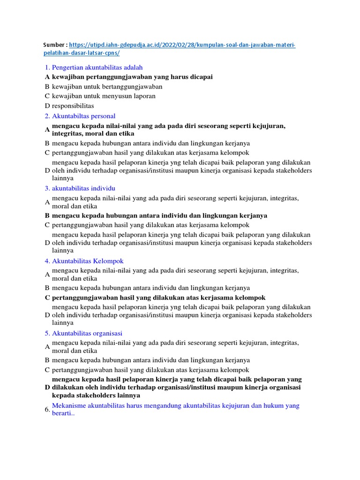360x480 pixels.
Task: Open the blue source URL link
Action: click(x=183, y=45)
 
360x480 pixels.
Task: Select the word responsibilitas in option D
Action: click(x=73, y=105)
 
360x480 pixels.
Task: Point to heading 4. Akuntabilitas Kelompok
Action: click(x=84, y=261)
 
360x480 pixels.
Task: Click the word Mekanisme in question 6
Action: click(x=69, y=405)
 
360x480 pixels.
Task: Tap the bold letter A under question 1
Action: click(x=47, y=77)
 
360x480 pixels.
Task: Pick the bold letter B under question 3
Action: click(x=47, y=216)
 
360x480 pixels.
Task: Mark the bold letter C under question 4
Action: click(x=47, y=298)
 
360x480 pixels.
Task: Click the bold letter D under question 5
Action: click(x=47, y=387)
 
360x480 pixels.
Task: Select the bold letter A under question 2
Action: click(x=47, y=130)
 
